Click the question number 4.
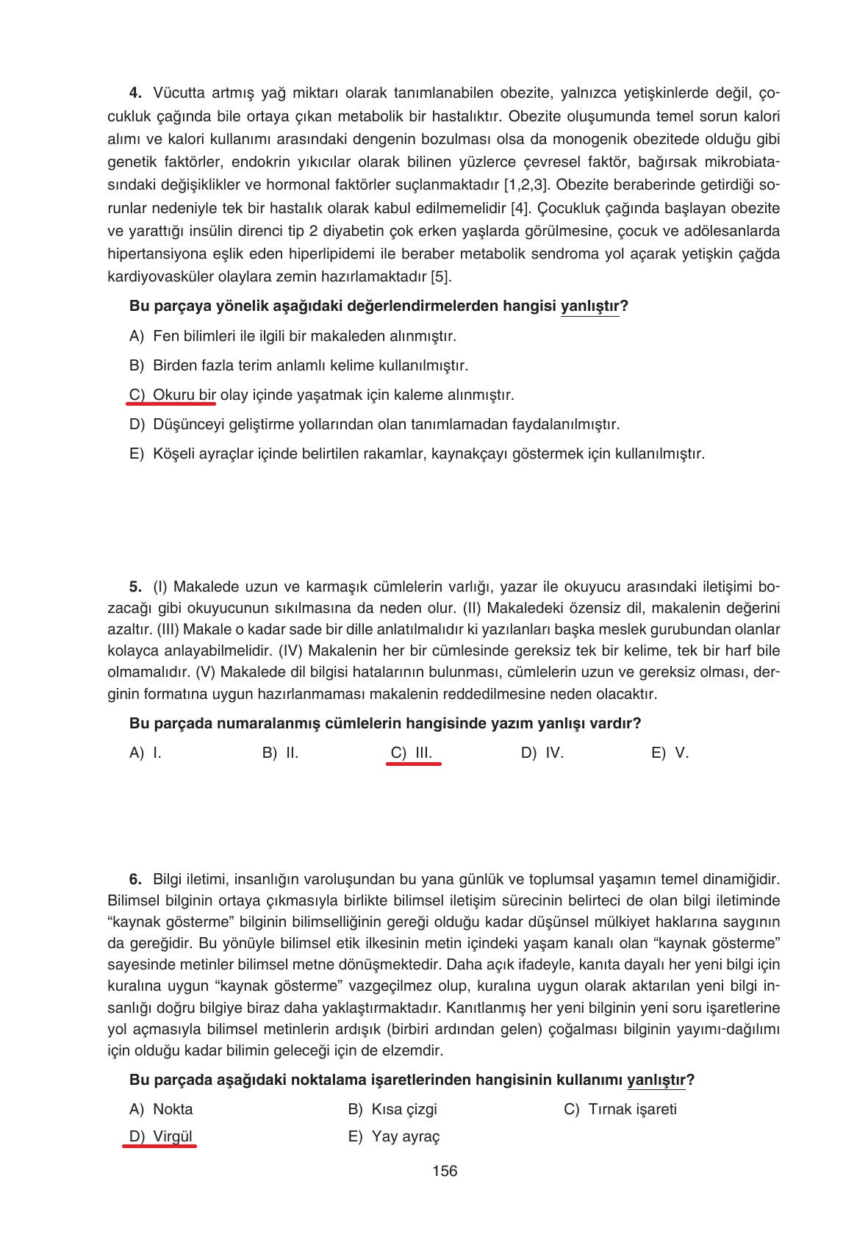[134, 93]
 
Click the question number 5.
[134, 587]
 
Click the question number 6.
[134, 879]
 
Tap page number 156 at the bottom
[445, 1171]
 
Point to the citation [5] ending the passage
[441, 277]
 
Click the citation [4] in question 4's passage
[520, 208]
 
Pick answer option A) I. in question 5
[146, 753]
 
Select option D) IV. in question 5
[542, 753]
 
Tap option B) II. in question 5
[280, 753]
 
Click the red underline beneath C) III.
[413, 764]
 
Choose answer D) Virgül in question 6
[161, 1136]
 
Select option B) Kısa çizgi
[392, 1109]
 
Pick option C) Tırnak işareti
[620, 1109]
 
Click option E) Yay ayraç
[394, 1136]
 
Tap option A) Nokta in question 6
[161, 1109]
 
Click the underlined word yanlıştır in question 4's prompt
[589, 306]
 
